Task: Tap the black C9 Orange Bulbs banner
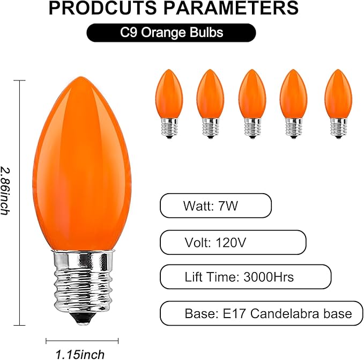coord(171,33)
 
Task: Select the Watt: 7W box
coord(216,205)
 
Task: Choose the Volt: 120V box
coord(233,242)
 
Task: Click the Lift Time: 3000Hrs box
coord(246,277)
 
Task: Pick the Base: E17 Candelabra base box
coord(261,313)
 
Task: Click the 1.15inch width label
coord(80,354)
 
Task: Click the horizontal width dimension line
coord(81,340)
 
